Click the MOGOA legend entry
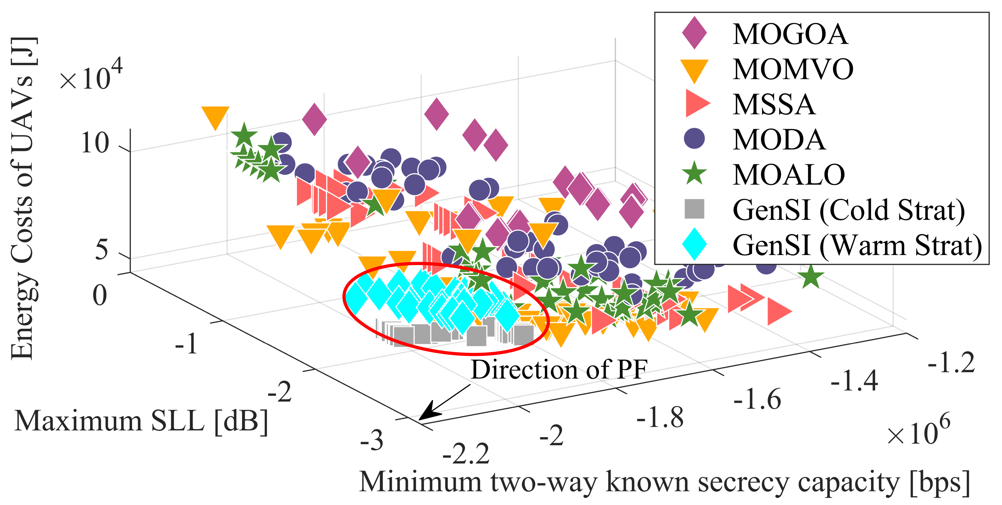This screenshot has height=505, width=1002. [x=790, y=34]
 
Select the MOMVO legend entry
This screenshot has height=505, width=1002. [x=793, y=69]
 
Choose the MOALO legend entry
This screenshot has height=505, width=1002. [x=789, y=174]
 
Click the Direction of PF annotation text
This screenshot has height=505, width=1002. [x=559, y=369]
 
